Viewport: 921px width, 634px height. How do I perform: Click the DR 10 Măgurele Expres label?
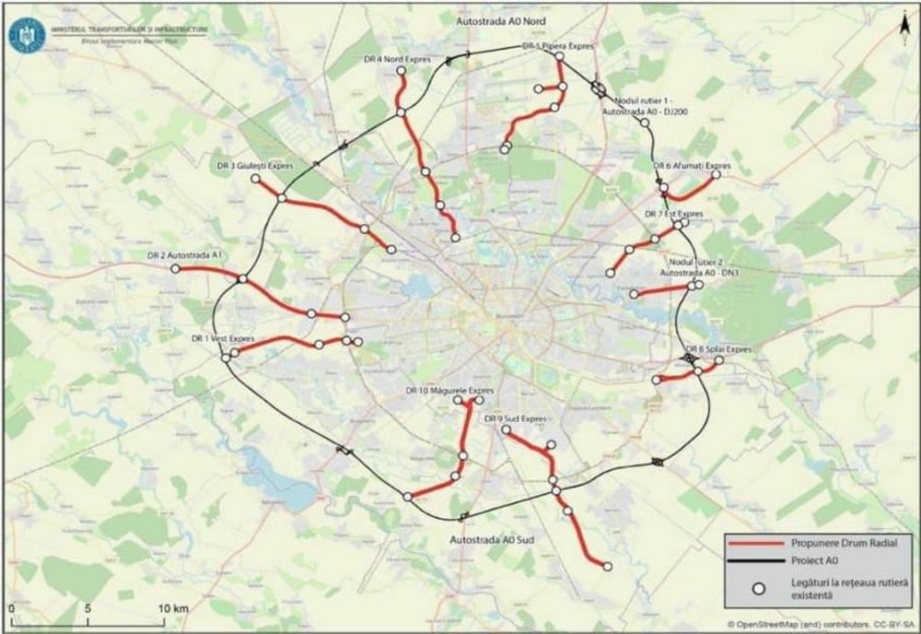coord(444,391)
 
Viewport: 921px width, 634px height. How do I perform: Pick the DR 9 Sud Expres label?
coord(516,418)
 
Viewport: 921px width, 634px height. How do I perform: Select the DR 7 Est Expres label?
coord(674,214)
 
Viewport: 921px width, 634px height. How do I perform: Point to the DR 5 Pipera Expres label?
coord(559,44)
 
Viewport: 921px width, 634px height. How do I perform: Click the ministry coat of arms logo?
coord(25,34)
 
